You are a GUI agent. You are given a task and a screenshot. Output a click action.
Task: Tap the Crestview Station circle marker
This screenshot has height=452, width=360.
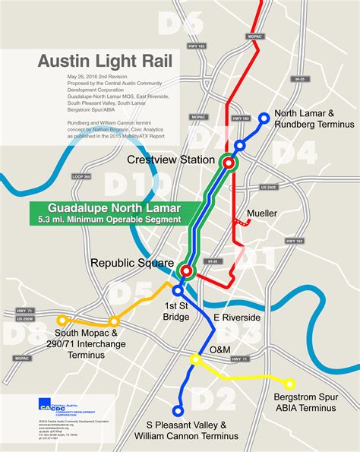click(227, 162)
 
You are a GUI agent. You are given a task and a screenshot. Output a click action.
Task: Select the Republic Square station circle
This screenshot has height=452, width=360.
click(186, 271)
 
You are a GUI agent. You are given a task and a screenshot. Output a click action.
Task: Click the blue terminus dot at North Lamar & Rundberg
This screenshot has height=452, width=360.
click(264, 118)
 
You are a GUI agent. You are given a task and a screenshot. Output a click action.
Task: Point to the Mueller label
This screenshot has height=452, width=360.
click(262, 213)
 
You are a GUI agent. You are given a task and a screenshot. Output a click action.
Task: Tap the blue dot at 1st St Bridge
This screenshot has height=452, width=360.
click(178, 290)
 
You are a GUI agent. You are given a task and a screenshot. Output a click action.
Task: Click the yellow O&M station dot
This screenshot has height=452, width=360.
click(195, 359)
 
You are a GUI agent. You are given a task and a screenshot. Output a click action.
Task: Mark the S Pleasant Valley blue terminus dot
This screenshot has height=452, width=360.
click(178, 411)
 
